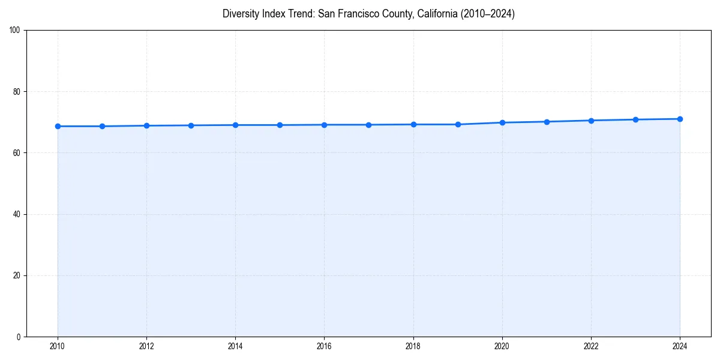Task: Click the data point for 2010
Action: [58, 126]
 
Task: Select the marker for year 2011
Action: [102, 126]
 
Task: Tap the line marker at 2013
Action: [191, 125]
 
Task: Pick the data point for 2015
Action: [280, 125]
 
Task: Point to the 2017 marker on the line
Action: [368, 125]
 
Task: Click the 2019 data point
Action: [458, 124]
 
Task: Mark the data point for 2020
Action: [502, 122]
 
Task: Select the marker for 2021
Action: [547, 122]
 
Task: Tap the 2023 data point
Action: [635, 119]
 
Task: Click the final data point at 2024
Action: [680, 119]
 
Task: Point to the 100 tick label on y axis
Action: [15, 30]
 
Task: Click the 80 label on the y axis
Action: [17, 92]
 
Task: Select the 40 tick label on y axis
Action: [17, 214]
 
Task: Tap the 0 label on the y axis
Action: [19, 337]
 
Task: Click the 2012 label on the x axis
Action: [146, 346]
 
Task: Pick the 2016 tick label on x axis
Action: [324, 346]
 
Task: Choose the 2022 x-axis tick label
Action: [591, 346]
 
